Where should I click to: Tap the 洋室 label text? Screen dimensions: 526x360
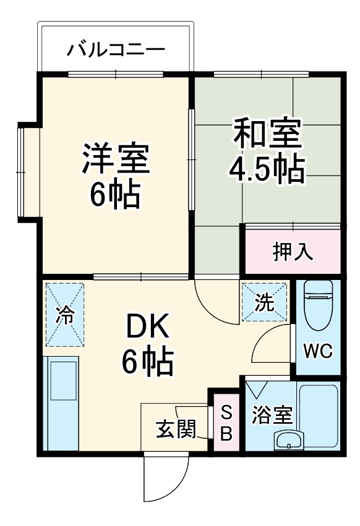[x=116, y=158]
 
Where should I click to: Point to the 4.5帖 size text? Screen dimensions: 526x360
[x=267, y=168]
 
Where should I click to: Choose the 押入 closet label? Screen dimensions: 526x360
[x=293, y=251]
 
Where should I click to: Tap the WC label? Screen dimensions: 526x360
[x=317, y=352]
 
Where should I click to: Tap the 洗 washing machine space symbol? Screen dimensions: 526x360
[x=265, y=302]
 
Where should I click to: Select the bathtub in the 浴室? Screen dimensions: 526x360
[x=319, y=417]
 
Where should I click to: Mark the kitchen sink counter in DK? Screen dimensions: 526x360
[x=62, y=405]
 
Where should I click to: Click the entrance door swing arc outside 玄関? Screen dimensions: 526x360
[x=164, y=480]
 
